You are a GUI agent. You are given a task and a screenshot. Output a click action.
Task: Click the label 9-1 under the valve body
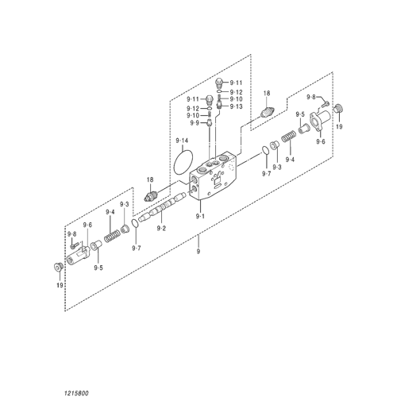coord(200,216)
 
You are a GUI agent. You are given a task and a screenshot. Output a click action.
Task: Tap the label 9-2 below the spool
coord(161,228)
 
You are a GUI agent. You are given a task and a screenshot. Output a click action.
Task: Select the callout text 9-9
coord(195,123)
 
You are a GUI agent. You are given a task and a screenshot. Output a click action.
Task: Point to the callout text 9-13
coord(236,106)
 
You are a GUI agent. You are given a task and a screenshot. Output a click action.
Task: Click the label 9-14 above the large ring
coord(182,141)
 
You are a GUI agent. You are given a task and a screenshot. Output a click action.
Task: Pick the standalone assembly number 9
coord(198,251)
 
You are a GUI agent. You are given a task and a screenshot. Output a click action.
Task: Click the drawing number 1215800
coord(76,393)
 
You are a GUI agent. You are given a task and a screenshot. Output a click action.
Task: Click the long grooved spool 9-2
coord(161,207)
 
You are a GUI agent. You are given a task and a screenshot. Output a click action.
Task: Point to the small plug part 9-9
coord(210,123)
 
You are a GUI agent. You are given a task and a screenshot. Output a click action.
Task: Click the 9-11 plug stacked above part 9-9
coord(209,100)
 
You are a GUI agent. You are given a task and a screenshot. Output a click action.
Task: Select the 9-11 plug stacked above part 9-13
coord(219,83)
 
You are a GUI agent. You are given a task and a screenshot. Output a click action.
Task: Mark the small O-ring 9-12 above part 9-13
coord(219,91)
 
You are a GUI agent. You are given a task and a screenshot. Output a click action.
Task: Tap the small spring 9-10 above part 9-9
coord(210,115)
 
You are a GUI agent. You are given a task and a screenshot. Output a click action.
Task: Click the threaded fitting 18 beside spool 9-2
coord(151,196)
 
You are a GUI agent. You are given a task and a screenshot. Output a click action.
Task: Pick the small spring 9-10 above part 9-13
coord(219,98)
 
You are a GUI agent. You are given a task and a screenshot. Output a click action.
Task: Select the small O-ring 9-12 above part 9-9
coord(209,109)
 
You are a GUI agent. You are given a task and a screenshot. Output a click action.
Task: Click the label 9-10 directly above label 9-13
coord(236,99)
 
